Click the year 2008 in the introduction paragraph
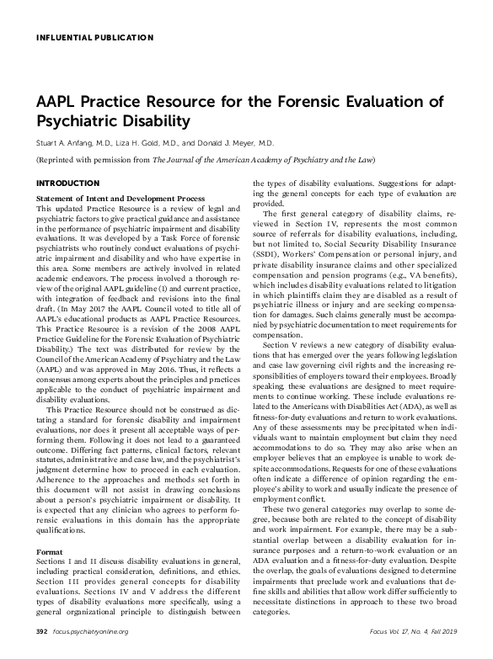[x=183, y=319]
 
